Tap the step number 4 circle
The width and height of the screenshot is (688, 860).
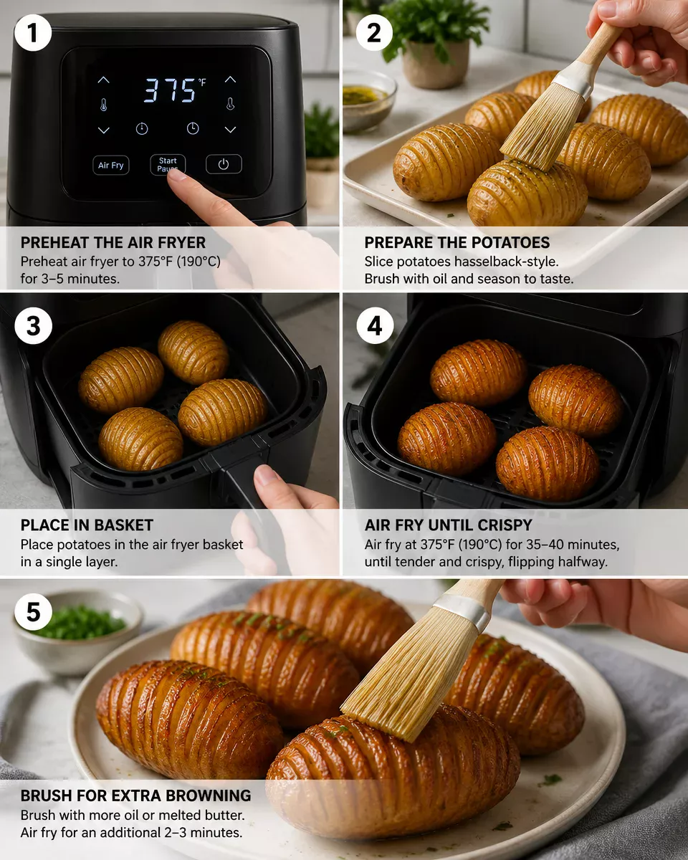[x=375, y=326]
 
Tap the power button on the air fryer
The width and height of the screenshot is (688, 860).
[x=224, y=165]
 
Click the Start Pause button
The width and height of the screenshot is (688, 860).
[x=168, y=164]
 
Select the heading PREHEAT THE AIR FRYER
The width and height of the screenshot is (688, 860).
[x=113, y=242]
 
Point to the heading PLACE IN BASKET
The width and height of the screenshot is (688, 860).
[x=87, y=525]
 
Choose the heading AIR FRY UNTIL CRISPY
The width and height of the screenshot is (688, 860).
[x=448, y=525]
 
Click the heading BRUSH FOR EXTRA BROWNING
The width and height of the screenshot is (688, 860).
[x=135, y=795]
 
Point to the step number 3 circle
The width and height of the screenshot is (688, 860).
[x=33, y=326]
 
